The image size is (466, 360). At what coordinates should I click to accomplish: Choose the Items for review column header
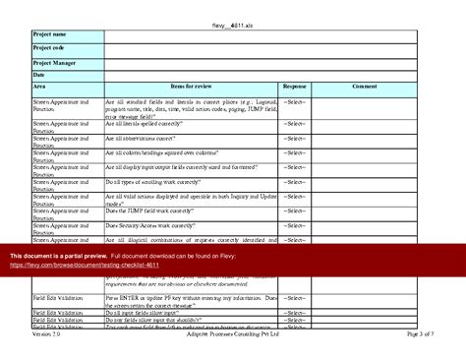pyautogui.click(x=191, y=88)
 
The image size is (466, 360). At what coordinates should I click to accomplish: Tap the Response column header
pyautogui.click(x=294, y=88)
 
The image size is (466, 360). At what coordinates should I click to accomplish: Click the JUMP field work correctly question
pyautogui.click(x=147, y=211)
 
